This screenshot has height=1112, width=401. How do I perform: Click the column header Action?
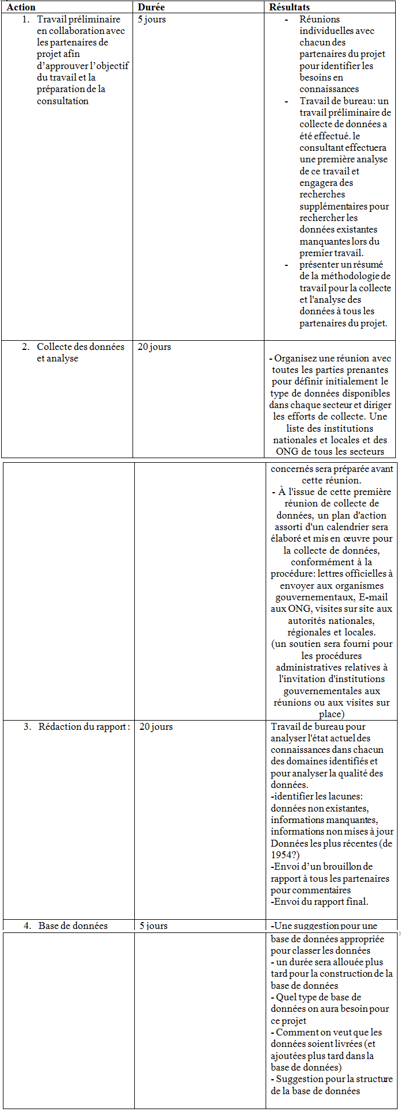click(x=21, y=7)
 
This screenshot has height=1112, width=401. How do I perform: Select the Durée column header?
click(x=151, y=7)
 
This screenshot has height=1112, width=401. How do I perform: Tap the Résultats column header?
click(x=289, y=7)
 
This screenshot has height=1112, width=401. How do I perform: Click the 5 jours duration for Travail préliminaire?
click(x=152, y=20)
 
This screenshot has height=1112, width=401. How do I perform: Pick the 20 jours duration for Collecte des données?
click(x=154, y=347)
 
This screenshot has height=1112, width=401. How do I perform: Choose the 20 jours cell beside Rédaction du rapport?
click(x=156, y=727)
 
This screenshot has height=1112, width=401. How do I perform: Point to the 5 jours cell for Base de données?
click(x=153, y=926)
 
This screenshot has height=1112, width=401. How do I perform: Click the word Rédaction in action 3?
click(x=59, y=727)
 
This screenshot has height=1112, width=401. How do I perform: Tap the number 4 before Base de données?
click(x=27, y=926)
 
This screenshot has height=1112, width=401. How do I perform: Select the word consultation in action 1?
click(x=63, y=101)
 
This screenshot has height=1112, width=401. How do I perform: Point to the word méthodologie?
click(x=345, y=276)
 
